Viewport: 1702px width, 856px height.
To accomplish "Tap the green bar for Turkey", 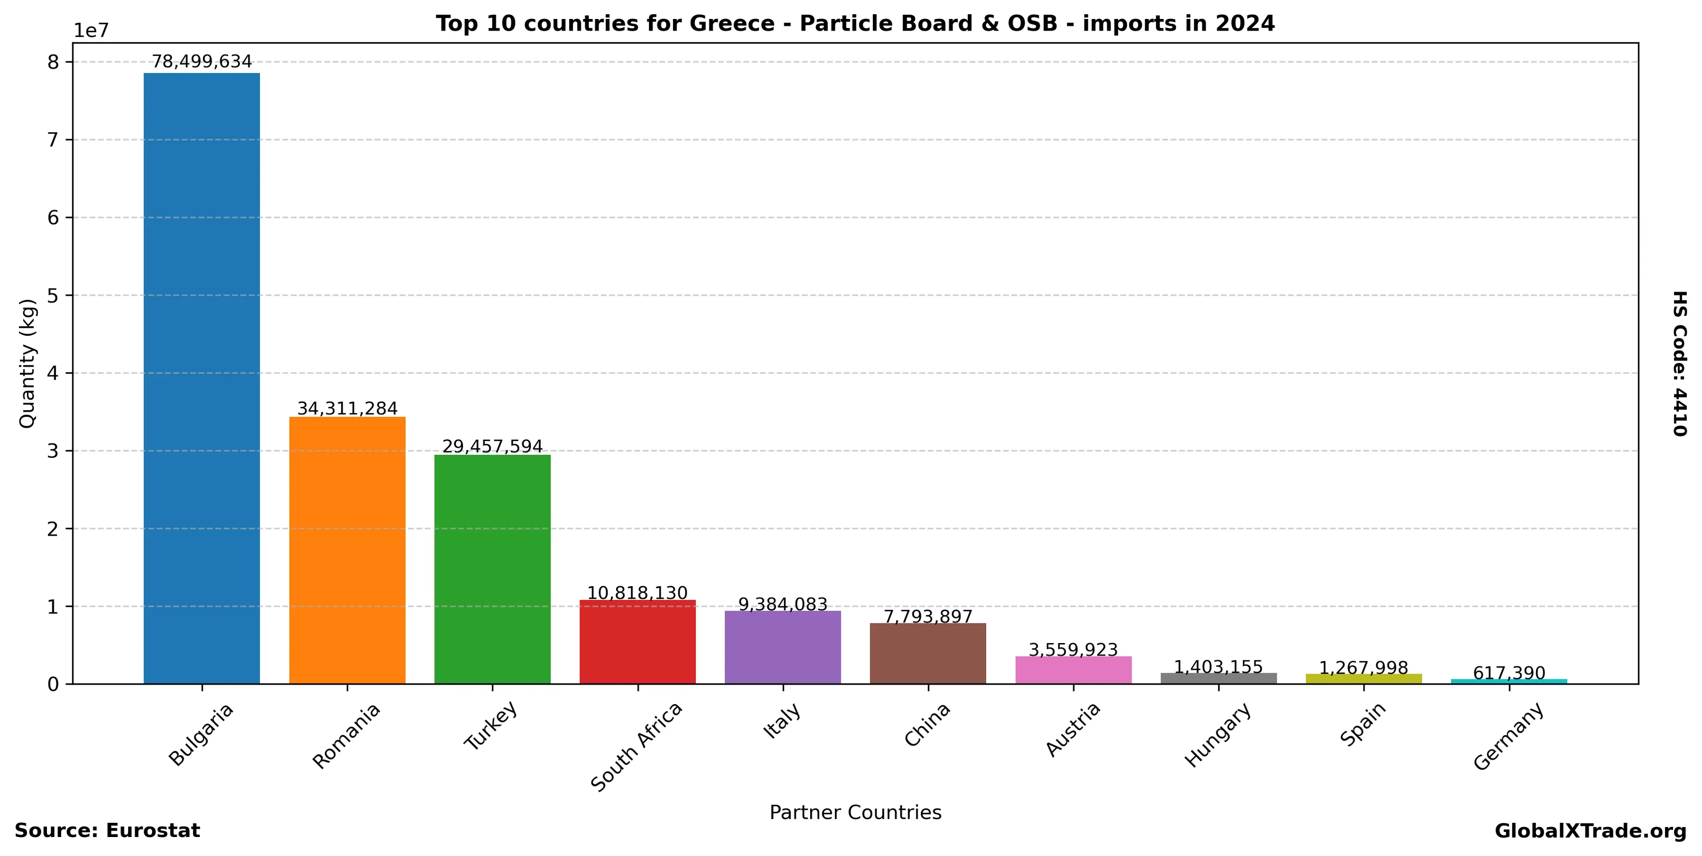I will (x=492, y=569).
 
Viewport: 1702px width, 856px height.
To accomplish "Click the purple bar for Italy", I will (x=782, y=647).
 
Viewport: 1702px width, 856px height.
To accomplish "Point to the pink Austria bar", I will (x=1073, y=670).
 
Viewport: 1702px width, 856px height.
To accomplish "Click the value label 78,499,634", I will (x=201, y=62).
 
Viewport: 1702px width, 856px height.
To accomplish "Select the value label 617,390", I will (x=1509, y=673).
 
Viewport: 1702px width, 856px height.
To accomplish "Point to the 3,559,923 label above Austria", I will (x=1073, y=650).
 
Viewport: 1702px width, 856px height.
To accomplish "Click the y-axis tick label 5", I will (x=53, y=295).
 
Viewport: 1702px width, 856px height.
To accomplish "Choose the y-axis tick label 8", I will (x=53, y=62).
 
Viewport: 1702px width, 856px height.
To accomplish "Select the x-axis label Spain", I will (x=1363, y=725).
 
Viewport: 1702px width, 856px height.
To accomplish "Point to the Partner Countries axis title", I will (x=855, y=812).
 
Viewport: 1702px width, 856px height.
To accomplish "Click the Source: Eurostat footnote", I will (x=107, y=831).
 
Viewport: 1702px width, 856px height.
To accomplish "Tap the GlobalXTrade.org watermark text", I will (x=1590, y=831).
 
